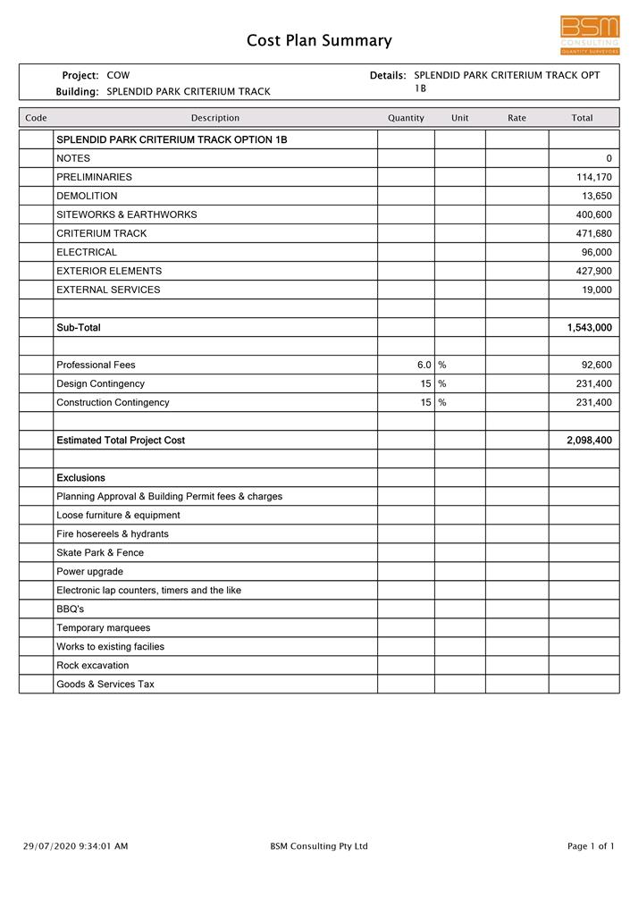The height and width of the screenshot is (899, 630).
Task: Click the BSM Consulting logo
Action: pyautogui.click(x=589, y=35)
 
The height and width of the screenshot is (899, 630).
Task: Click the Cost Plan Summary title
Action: pyautogui.click(x=319, y=40)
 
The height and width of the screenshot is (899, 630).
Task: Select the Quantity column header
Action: pyautogui.click(x=406, y=118)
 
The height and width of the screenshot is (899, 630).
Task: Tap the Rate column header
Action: pyautogui.click(x=517, y=118)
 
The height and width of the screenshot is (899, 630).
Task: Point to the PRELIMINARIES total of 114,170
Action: pyautogui.click(x=593, y=177)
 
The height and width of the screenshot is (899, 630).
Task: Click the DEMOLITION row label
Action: pyautogui.click(x=87, y=196)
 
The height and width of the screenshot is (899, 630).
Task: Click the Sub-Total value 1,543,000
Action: pyautogui.click(x=589, y=328)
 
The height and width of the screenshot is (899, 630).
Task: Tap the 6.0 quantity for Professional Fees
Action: pyautogui.click(x=424, y=365)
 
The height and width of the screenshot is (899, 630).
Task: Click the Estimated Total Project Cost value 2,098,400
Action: pyautogui.click(x=589, y=441)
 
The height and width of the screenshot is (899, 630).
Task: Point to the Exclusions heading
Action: pyautogui.click(x=80, y=478)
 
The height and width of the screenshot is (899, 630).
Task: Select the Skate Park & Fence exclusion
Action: pyautogui.click(x=99, y=553)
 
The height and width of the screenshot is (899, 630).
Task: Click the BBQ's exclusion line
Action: pyautogui.click(x=70, y=609)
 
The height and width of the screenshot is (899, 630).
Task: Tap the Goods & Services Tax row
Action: pyautogui.click(x=105, y=685)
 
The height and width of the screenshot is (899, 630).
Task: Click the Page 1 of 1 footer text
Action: pyautogui.click(x=591, y=846)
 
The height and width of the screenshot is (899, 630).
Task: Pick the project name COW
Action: pyautogui.click(x=118, y=75)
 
